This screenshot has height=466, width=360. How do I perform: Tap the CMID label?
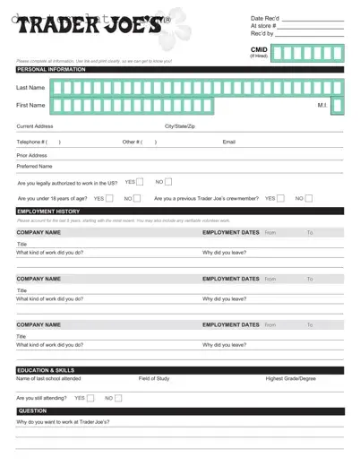coord(259,50)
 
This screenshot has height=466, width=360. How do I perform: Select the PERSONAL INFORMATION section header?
coord(46,69)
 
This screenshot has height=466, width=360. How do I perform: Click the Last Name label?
coord(30,88)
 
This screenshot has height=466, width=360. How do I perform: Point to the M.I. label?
coord(323,106)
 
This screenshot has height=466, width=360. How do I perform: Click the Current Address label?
coord(36,126)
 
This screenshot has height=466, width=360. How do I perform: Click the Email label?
coord(228,142)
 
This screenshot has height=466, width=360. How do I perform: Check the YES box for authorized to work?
coord(140,182)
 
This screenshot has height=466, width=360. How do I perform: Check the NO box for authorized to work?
coord(168,182)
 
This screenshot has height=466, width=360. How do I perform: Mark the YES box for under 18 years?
coord(108,198)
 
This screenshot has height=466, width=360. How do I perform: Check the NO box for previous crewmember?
coord(310,198)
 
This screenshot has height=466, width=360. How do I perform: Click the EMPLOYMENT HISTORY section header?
coord(48,211)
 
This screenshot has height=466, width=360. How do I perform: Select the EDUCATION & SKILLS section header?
coord(47,370)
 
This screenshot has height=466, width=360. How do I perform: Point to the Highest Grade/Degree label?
coord(290,379)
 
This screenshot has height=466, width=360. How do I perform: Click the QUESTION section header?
coord(32,410)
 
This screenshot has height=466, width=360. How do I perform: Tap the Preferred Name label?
coord(34,166)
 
